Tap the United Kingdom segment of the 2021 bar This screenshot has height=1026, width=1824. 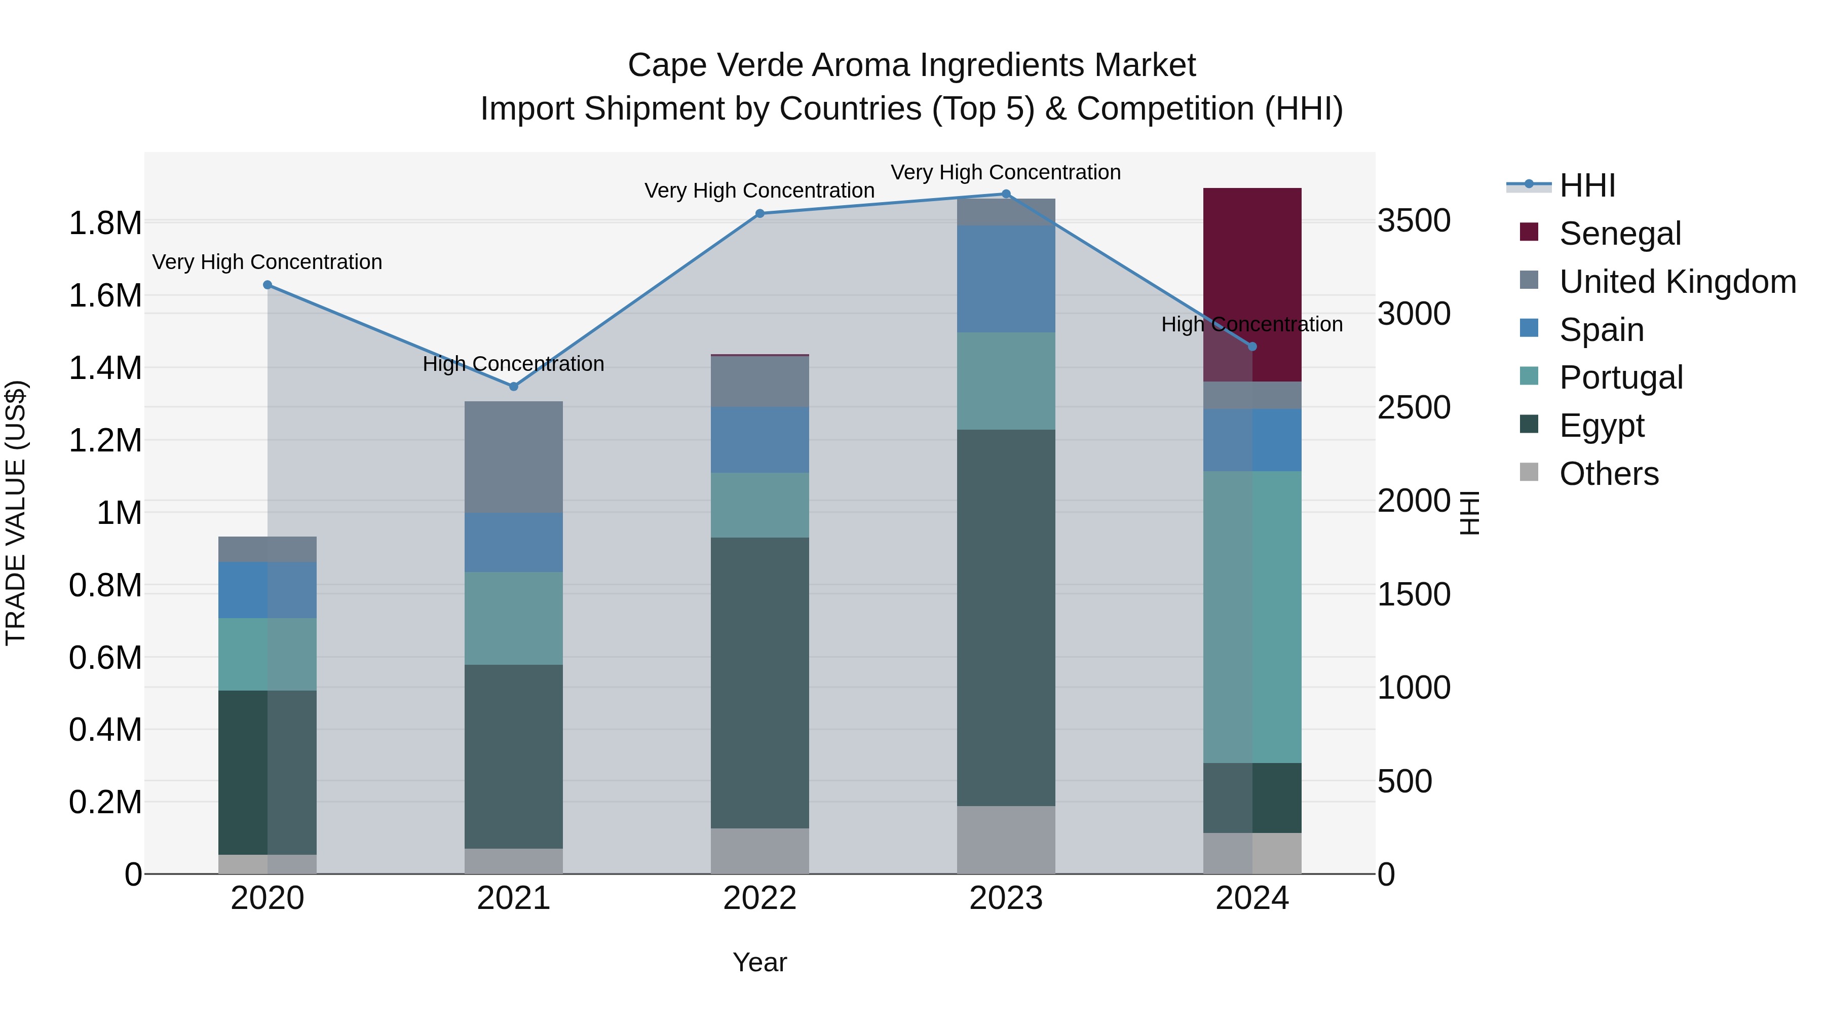click(513, 457)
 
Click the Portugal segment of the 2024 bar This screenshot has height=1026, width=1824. click(1252, 617)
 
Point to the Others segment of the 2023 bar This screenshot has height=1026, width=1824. click(1005, 840)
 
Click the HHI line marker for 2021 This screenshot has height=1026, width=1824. click(513, 387)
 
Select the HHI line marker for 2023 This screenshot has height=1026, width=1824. click(1005, 194)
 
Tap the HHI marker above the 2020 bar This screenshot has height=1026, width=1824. click(268, 285)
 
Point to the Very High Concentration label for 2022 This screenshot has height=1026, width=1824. click(759, 191)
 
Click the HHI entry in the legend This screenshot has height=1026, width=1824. click(1586, 185)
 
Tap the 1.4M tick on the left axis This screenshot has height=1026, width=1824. click(105, 369)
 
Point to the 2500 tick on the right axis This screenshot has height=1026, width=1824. click(1413, 408)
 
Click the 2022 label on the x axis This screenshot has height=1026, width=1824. click(759, 898)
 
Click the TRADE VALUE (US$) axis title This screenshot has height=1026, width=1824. click(16, 513)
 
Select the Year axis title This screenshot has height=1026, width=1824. click(759, 962)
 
